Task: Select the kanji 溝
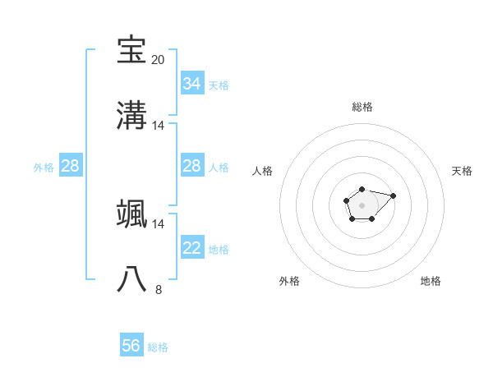132,116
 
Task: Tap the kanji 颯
132,214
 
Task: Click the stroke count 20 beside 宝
158,60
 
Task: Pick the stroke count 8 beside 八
158,289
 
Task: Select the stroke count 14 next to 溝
158,126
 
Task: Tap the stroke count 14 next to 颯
158,223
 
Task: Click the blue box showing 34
192,84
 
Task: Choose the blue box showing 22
192,248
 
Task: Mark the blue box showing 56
131,346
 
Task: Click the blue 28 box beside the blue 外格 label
71,166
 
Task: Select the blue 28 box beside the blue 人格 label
192,166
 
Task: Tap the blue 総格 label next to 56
158,347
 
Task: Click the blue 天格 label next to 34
219,85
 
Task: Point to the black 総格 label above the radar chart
362,107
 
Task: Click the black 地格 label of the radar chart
431,281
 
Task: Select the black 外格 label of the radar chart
290,281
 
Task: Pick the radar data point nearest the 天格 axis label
394,195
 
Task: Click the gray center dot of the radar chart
362,205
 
